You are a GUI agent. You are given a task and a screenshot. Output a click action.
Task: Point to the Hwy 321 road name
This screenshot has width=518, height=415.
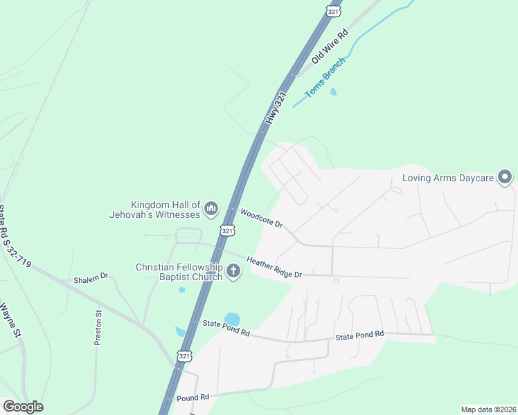coord(276,109)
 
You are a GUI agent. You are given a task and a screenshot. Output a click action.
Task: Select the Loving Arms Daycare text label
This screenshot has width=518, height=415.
coord(448,178)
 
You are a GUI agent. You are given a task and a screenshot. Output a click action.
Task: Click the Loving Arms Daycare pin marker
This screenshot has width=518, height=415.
coord(506,178)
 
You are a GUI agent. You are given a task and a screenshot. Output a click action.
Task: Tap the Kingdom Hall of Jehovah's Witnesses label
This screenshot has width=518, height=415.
coord(166,210)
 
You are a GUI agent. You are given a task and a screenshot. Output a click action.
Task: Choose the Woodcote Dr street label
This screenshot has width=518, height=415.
coord(262,219)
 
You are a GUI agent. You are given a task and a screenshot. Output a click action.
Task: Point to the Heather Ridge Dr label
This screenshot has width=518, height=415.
coord(275,266)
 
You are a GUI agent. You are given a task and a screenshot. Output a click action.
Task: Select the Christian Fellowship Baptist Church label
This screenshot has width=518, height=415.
coord(179,272)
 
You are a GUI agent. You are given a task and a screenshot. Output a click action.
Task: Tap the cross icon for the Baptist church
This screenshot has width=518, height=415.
coord(233,271)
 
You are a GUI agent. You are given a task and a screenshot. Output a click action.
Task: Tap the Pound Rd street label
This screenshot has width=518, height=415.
coord(193,398)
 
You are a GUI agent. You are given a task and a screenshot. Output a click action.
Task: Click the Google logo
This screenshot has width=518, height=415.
coord(23,407)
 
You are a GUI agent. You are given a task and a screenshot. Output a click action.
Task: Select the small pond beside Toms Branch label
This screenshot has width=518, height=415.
coord(334,91)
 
